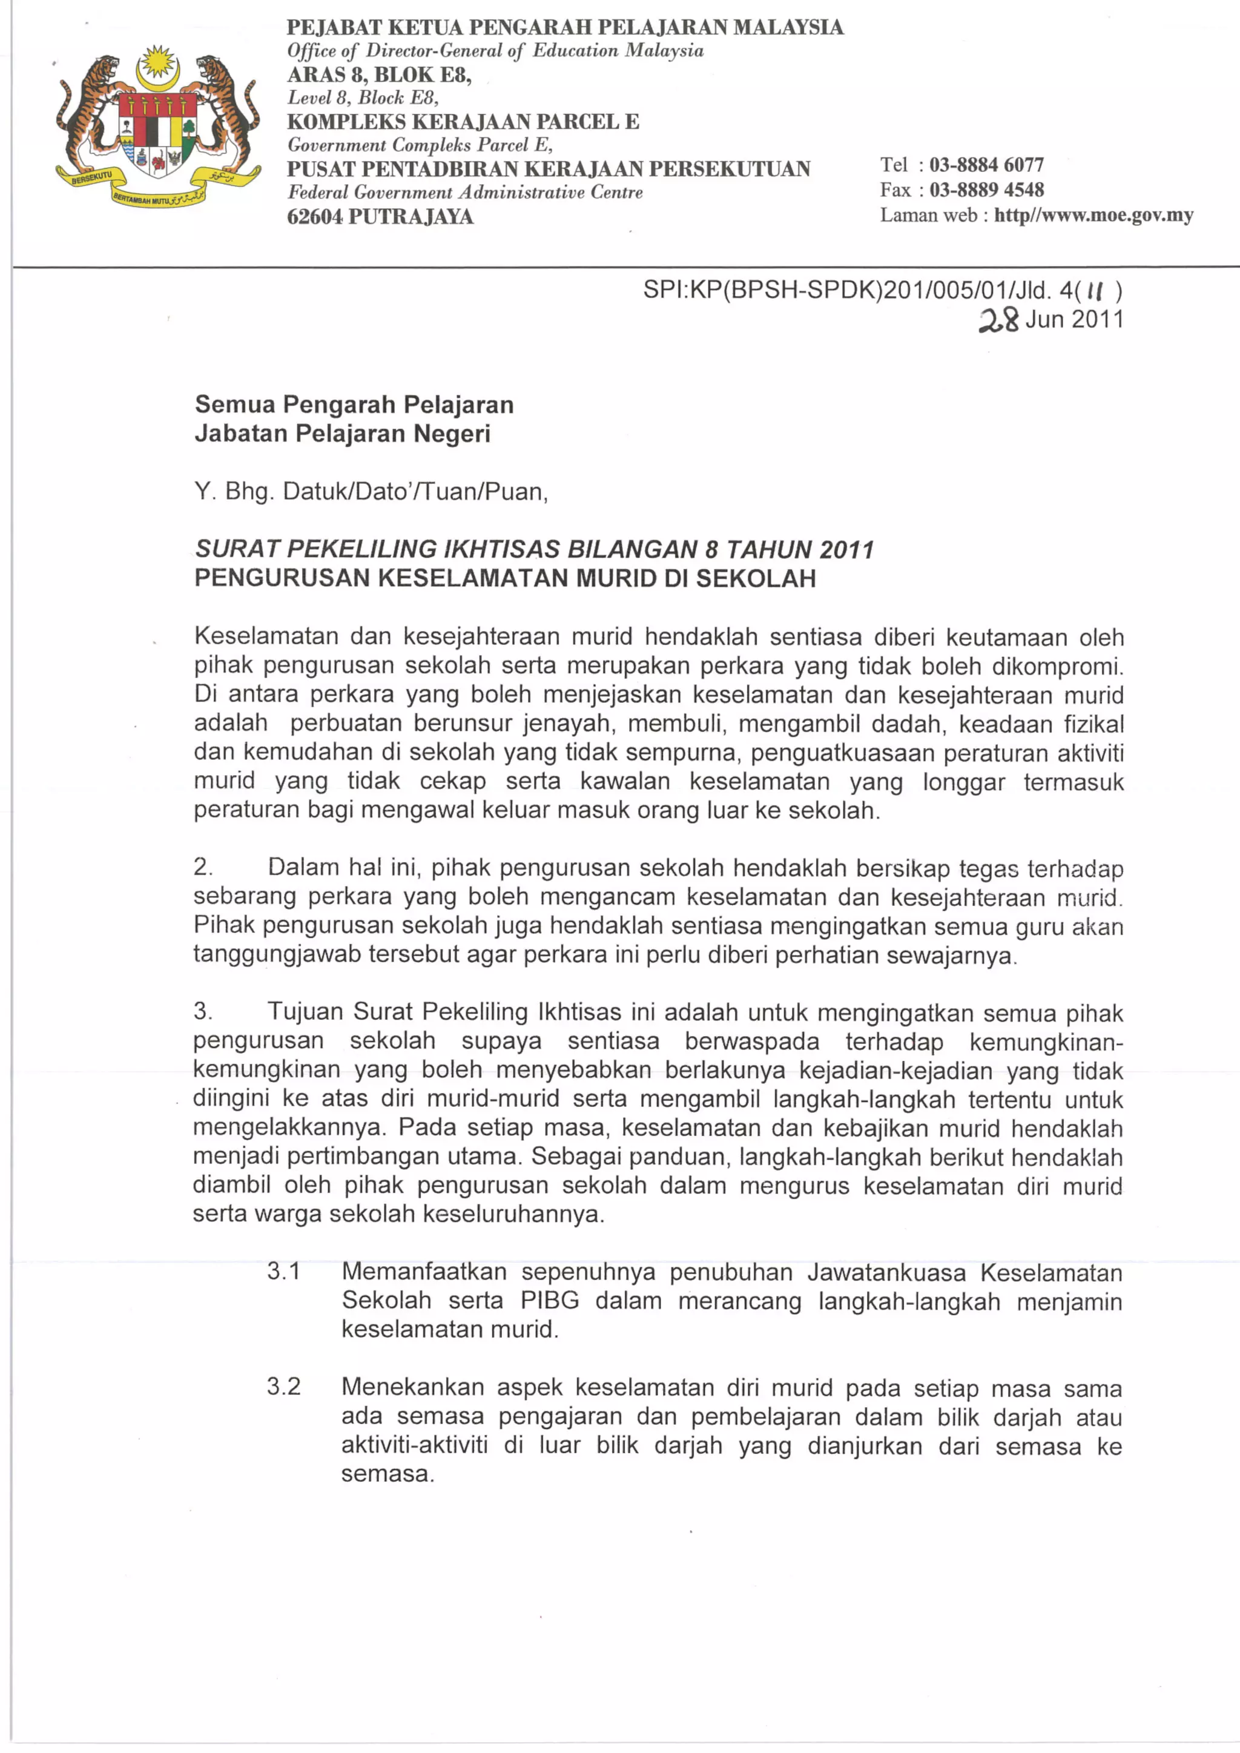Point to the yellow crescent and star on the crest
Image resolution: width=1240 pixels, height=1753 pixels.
tap(157, 65)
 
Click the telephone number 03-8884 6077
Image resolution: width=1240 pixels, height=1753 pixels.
tap(986, 165)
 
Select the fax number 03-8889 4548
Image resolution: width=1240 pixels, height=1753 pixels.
tap(986, 190)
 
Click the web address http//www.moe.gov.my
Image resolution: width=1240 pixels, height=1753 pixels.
tap(1093, 216)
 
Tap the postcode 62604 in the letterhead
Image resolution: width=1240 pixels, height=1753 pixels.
tap(315, 217)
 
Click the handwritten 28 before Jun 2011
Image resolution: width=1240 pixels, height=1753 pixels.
tap(998, 320)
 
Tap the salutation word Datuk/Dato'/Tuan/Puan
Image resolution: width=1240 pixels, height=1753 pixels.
tap(415, 492)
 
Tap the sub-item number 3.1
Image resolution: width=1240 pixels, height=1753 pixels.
tap(283, 1272)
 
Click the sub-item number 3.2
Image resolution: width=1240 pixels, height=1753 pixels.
tap(283, 1387)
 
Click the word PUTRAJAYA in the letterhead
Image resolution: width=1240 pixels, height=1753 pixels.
tap(411, 217)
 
